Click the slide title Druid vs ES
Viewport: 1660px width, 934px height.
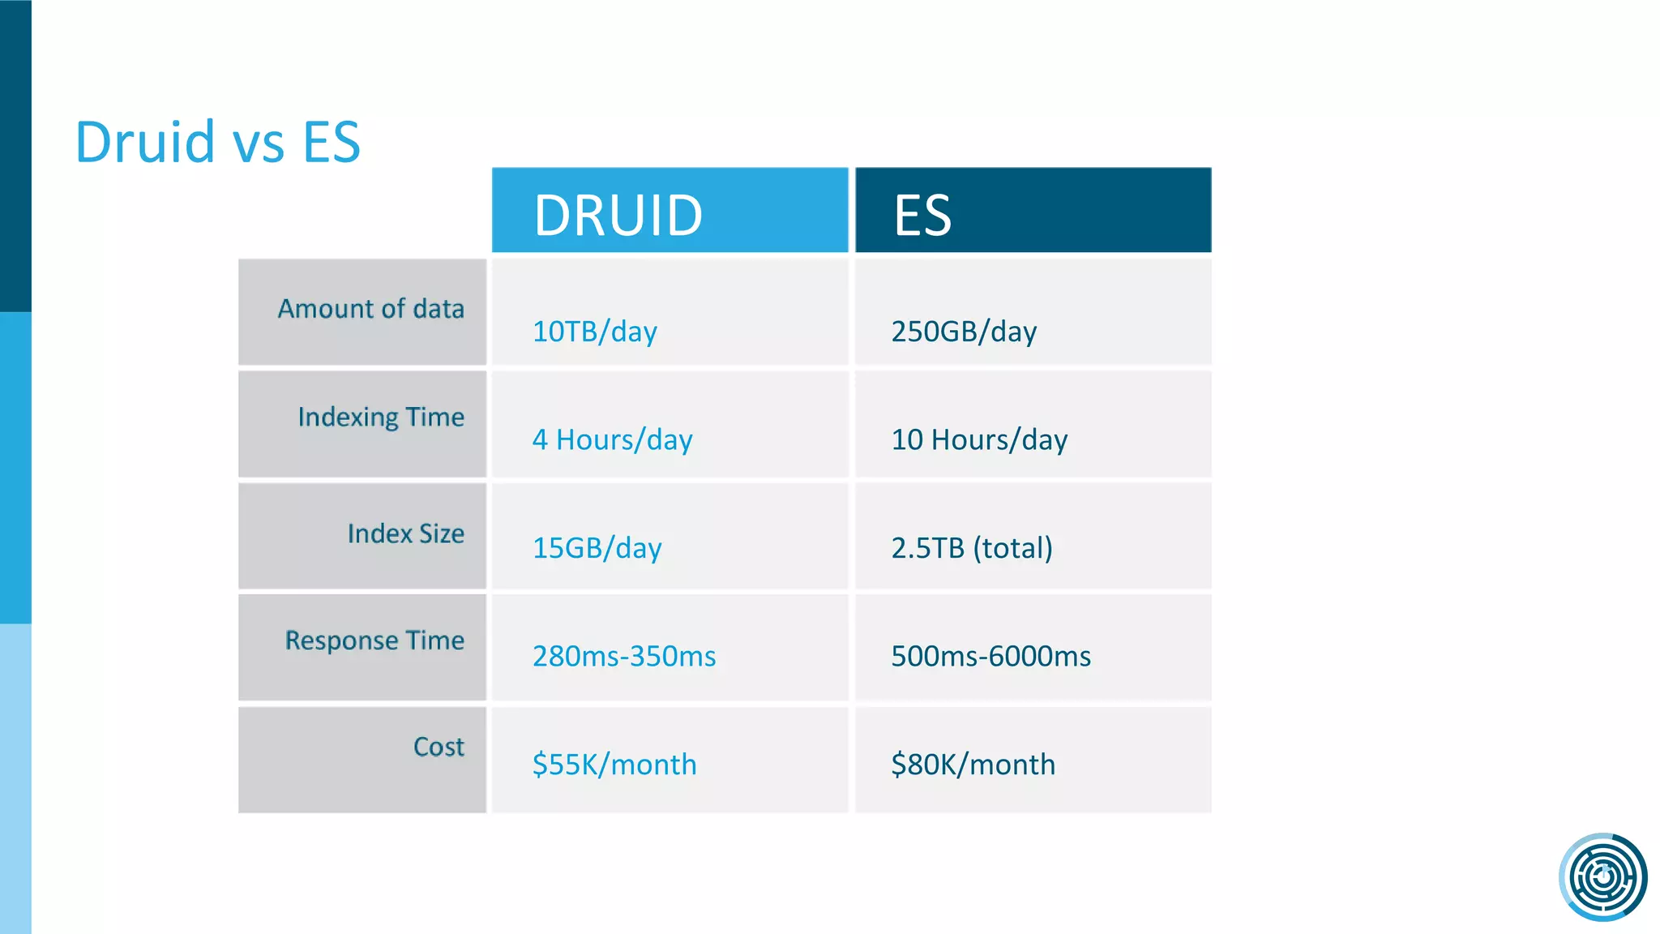(x=217, y=142)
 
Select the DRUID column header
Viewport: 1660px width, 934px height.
(x=670, y=211)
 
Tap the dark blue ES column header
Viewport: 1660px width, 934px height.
(x=1033, y=211)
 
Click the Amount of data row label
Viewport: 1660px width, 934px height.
(x=370, y=309)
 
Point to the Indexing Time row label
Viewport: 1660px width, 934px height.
(x=381, y=417)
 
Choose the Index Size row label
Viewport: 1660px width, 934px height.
(x=405, y=533)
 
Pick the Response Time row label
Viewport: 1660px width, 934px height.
(x=374, y=641)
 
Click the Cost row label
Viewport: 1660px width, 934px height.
(x=439, y=747)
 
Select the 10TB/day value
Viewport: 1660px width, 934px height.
(x=594, y=332)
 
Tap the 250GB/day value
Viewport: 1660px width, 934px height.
(x=964, y=332)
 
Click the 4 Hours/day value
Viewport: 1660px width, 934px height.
(x=612, y=439)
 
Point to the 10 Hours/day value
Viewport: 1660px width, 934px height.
(x=979, y=439)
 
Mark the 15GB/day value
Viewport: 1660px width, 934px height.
(x=597, y=548)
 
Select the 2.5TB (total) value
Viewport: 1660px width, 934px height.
(x=972, y=548)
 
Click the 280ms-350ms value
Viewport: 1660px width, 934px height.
(x=624, y=656)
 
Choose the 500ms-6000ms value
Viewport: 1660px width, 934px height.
(x=990, y=656)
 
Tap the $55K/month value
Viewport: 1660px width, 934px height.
(x=614, y=765)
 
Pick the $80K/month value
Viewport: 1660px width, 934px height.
(x=973, y=765)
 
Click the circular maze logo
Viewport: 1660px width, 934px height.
(x=1602, y=876)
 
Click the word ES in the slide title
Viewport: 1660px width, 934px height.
(x=331, y=142)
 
